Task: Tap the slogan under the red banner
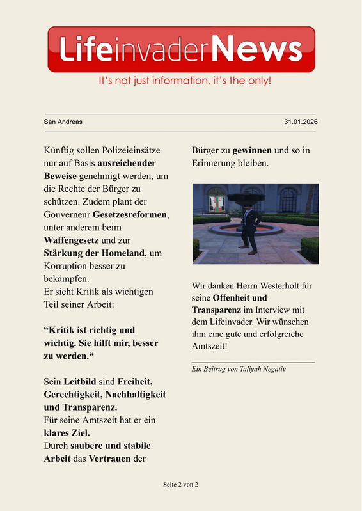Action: tap(184, 82)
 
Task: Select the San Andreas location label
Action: tap(63, 122)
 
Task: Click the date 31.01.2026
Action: tap(301, 122)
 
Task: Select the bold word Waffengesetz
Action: tap(71, 240)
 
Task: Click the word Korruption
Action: tap(68, 266)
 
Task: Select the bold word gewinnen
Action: tap(252, 151)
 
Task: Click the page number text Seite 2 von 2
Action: tap(180, 485)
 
